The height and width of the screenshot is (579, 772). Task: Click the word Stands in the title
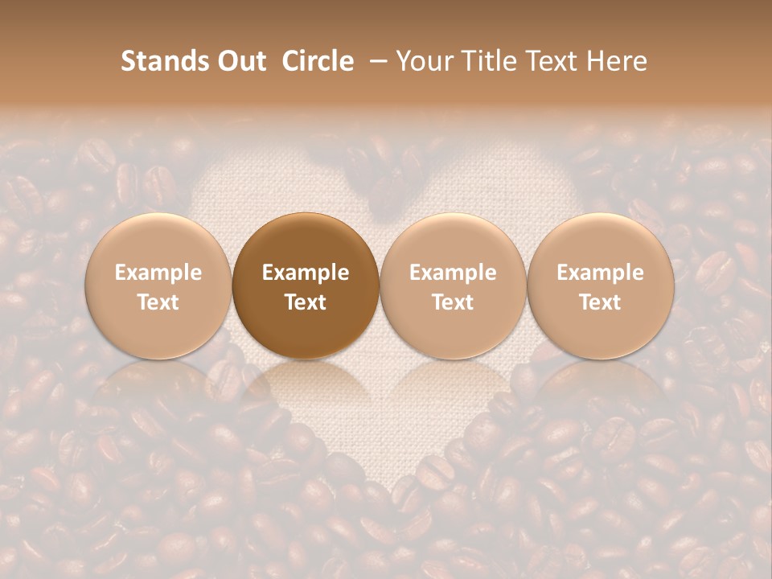156,61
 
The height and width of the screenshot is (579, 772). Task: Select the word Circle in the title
318,61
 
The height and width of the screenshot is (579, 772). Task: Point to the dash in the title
375,62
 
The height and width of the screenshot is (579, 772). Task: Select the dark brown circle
306,285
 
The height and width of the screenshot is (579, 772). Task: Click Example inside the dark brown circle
306,273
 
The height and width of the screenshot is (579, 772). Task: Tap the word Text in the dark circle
306,302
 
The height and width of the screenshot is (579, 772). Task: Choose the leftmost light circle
158,285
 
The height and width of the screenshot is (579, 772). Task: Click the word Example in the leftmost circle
158,273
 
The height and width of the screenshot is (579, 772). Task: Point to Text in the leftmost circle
158,302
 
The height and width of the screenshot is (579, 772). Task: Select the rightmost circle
600,285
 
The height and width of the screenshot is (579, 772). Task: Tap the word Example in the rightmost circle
600,273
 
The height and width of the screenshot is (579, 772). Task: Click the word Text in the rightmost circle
600,302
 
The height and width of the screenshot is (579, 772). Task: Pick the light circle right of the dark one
453,285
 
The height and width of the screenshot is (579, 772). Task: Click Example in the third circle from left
453,273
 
